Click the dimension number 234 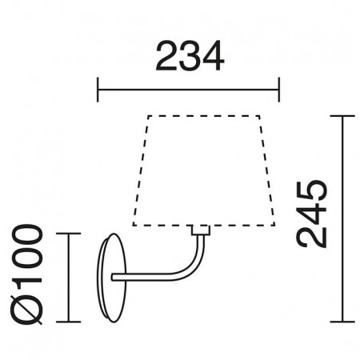pyautogui.click(x=190, y=56)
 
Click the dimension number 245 pyautogui.click(x=311, y=214)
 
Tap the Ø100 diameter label pyautogui.click(x=26, y=274)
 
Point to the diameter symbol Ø pyautogui.click(x=26, y=310)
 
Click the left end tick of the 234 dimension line pyautogui.click(x=98, y=90)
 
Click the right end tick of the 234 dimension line pyautogui.click(x=279, y=90)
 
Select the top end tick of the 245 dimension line pyautogui.click(x=342, y=116)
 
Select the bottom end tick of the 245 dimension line pyautogui.click(x=342, y=322)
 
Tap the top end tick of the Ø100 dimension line pyautogui.click(x=69, y=234)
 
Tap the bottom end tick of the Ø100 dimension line pyautogui.click(x=69, y=322)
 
